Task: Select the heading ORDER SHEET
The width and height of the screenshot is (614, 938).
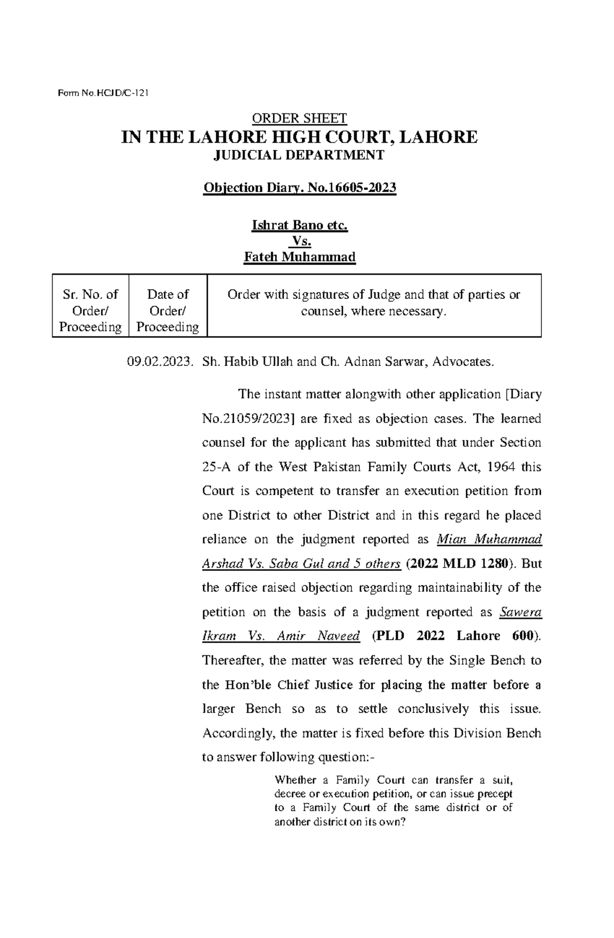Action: point(299,119)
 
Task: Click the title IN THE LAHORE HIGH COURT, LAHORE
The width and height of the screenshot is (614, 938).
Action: point(299,137)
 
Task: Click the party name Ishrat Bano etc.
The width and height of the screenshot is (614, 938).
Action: point(299,225)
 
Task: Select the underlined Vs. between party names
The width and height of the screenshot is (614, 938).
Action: point(299,241)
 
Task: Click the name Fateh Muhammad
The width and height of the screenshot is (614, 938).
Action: point(299,257)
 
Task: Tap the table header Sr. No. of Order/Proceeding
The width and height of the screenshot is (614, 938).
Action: point(91,310)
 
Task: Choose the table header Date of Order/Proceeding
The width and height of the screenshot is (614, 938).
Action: point(167,310)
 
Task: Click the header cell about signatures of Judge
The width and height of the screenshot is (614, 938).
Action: point(374,303)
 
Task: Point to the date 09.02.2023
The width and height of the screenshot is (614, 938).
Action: point(160,362)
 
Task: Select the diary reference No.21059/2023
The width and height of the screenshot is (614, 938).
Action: point(248,419)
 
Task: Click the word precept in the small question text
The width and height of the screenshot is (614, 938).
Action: point(495,794)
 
